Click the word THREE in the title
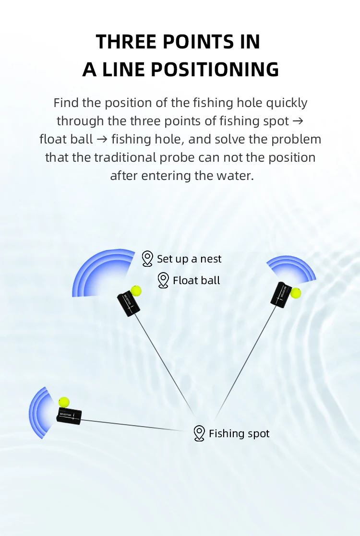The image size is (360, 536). (126, 42)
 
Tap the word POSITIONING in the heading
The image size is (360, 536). (215, 70)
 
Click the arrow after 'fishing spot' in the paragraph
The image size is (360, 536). (298, 121)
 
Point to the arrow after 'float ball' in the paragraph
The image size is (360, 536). (102, 139)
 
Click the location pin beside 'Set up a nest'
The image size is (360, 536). (147, 259)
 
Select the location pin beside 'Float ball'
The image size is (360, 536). (163, 280)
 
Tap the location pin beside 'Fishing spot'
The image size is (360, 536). (199, 433)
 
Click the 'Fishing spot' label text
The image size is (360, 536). (239, 433)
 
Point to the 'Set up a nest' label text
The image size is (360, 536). (189, 259)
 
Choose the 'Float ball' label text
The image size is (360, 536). (196, 280)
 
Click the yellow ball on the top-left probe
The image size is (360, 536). (136, 291)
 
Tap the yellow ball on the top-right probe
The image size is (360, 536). (296, 293)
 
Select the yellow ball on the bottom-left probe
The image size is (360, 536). (64, 402)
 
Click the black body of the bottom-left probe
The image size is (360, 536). (69, 416)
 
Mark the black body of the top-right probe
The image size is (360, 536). (281, 295)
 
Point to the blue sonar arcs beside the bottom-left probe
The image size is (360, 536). (38, 413)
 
